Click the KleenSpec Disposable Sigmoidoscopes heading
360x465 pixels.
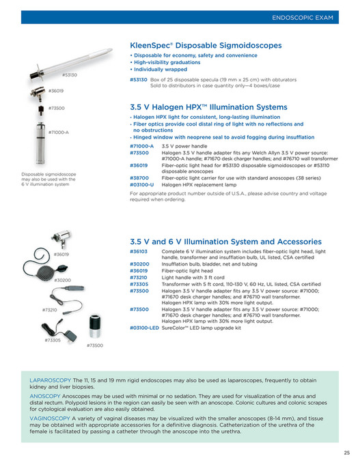205,45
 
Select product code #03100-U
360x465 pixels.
141,184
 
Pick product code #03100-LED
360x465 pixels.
144,328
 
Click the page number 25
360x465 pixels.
346,452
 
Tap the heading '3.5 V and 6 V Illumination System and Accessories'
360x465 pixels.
225,242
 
